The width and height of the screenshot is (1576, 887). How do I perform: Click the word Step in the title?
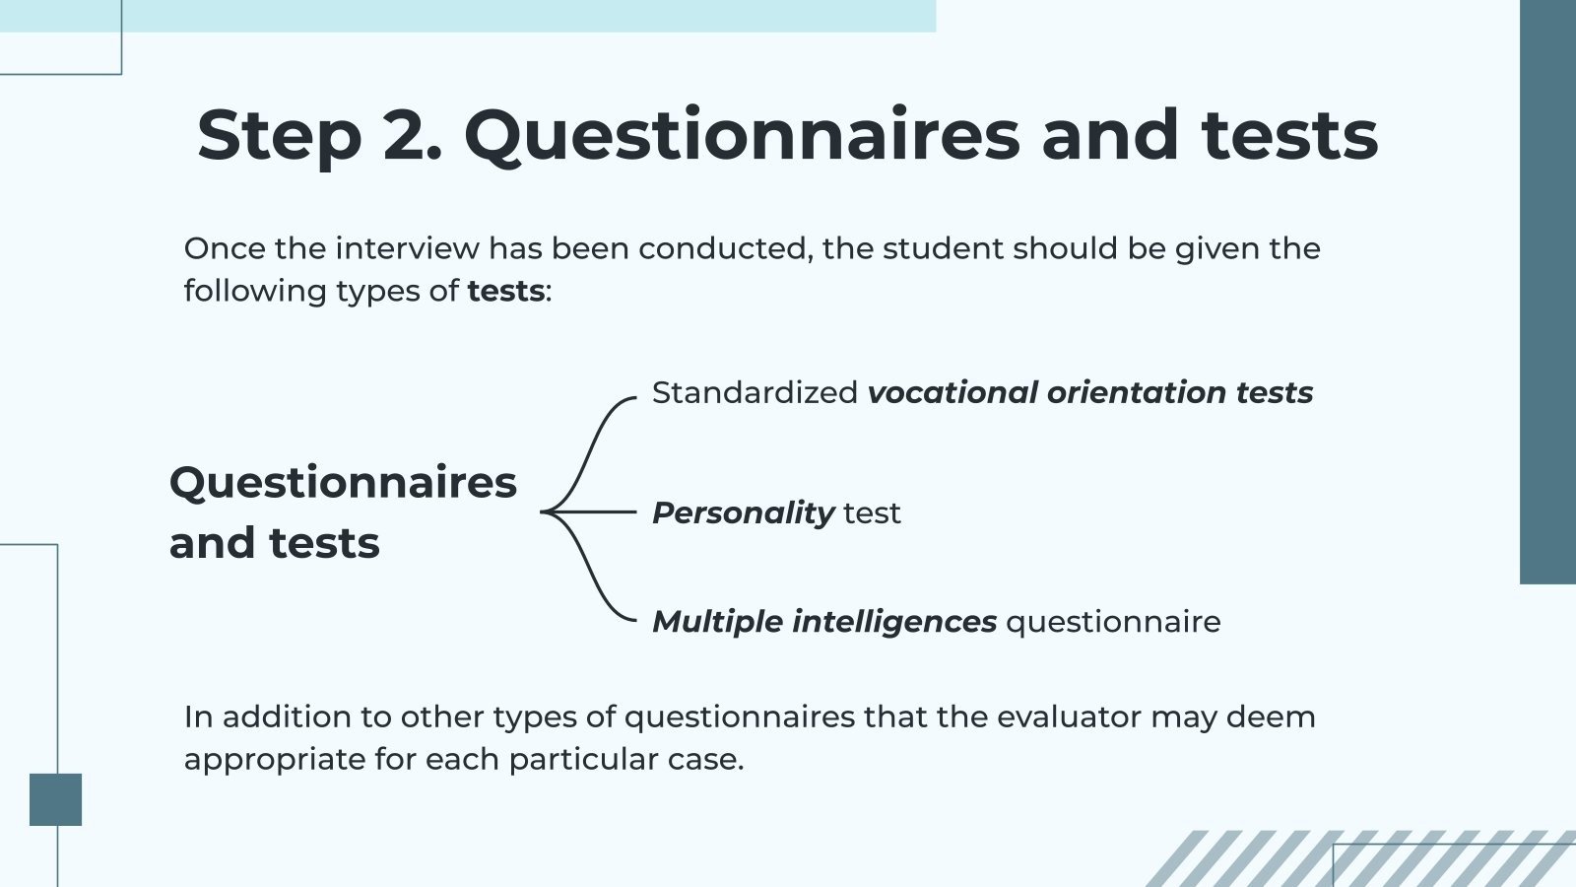pos(279,136)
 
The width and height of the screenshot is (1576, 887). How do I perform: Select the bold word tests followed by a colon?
pos(505,291)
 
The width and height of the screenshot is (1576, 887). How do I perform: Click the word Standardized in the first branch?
pos(755,392)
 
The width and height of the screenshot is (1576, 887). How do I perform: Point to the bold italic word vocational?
pos(952,392)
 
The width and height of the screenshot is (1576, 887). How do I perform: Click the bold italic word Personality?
pos(743,512)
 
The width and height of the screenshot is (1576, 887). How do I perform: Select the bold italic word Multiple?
pos(716,622)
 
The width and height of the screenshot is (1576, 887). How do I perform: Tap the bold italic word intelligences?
pos(894,622)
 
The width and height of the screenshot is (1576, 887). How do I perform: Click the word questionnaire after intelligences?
pos(1113,622)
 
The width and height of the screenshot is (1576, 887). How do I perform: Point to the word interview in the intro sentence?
pos(407,248)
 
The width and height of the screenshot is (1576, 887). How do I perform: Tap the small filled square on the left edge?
pos(55,799)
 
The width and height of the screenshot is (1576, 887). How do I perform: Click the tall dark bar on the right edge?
pos(1547,292)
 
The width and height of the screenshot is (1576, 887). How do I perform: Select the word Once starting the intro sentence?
pos(225,248)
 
